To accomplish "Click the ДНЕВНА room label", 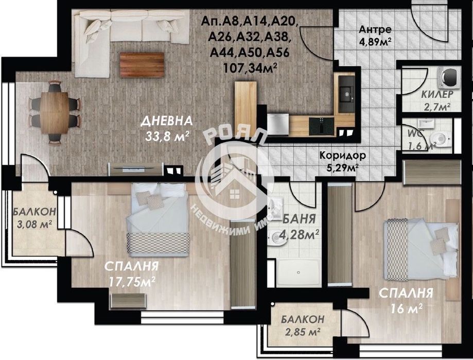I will point(167,122).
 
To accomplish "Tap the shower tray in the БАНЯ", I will point(299,269).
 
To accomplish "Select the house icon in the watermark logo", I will point(235,190).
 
